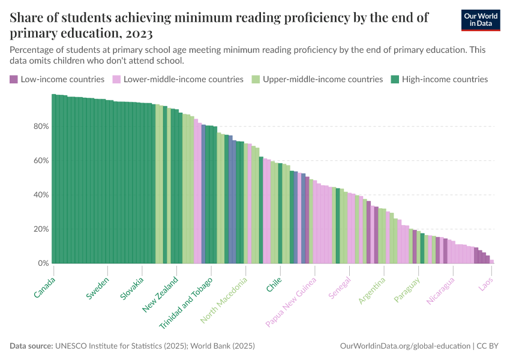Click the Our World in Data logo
(x=482, y=20)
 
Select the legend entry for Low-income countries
(x=57, y=79)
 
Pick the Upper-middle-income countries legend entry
(x=317, y=79)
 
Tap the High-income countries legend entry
(x=439, y=79)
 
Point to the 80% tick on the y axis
(x=41, y=127)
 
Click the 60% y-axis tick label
(x=41, y=161)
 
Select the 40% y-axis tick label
(x=41, y=195)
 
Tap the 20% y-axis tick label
(x=41, y=229)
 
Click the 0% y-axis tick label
(x=43, y=263)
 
